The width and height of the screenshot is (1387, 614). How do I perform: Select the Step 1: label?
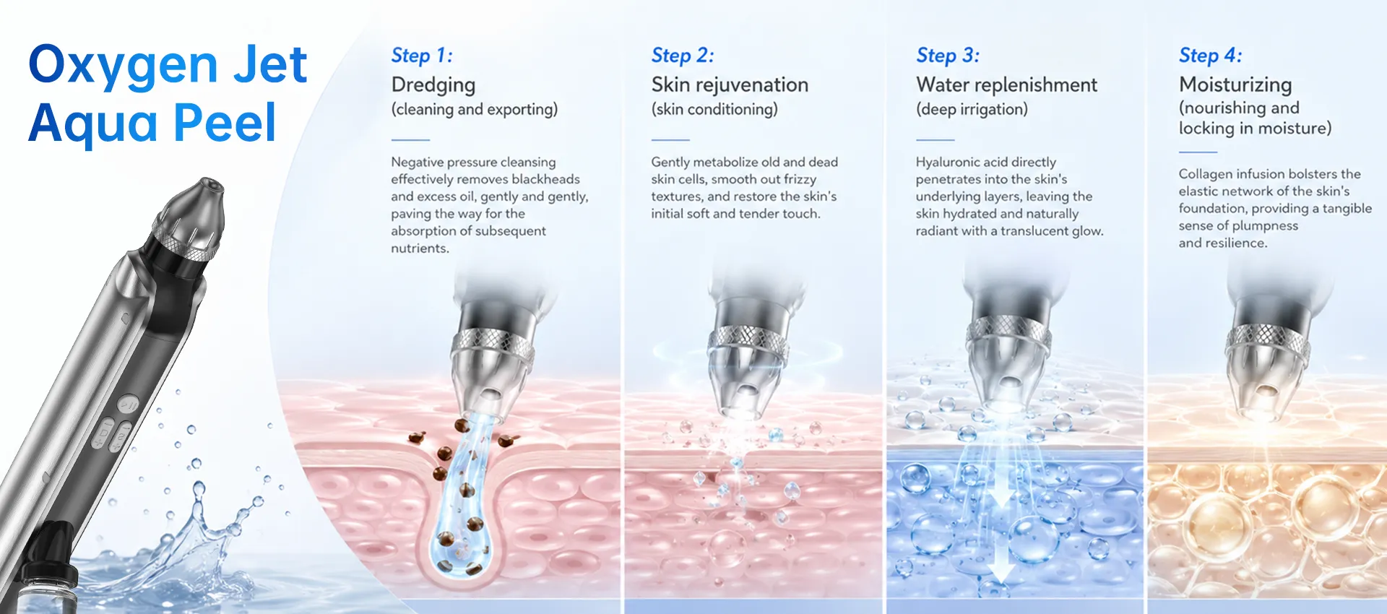point(422,56)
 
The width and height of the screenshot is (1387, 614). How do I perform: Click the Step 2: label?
point(683,56)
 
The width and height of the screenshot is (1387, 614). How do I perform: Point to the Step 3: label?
point(948,56)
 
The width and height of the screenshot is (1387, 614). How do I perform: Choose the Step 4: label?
point(1211,56)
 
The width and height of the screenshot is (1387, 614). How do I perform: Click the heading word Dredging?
point(433,86)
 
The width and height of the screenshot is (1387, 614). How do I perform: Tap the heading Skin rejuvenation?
point(730,85)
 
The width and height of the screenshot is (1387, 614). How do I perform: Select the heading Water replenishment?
point(1006,85)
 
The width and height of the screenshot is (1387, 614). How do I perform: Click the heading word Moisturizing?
point(1235,86)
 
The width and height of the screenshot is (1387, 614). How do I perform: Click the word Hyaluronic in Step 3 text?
point(949,163)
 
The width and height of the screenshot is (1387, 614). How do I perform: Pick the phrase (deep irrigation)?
point(972,110)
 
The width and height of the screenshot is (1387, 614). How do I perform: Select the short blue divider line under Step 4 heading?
point(1198,152)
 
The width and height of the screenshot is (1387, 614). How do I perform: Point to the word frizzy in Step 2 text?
point(799,180)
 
